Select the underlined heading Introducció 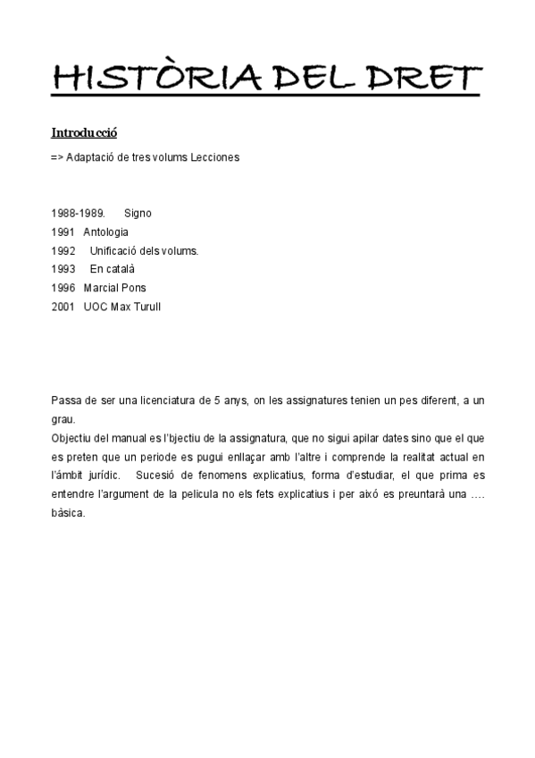[84, 133]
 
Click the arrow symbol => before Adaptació [57, 157]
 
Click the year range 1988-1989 [78, 214]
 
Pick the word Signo [138, 214]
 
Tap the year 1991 [63, 232]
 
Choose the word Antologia [105, 232]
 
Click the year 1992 [63, 251]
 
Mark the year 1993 [63, 269]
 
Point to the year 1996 [63, 288]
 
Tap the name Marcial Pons [114, 288]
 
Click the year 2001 [63, 307]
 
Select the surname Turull [147, 307]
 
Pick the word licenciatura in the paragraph [157, 401]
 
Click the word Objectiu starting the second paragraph [73, 438]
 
